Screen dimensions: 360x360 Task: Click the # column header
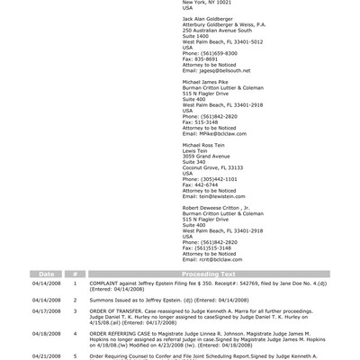76,274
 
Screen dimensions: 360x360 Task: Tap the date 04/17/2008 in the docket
47,311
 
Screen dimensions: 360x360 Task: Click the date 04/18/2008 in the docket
47,333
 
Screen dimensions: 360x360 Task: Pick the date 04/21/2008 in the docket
47,355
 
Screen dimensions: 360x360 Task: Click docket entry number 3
76,311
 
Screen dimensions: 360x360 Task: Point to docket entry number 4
76,333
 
